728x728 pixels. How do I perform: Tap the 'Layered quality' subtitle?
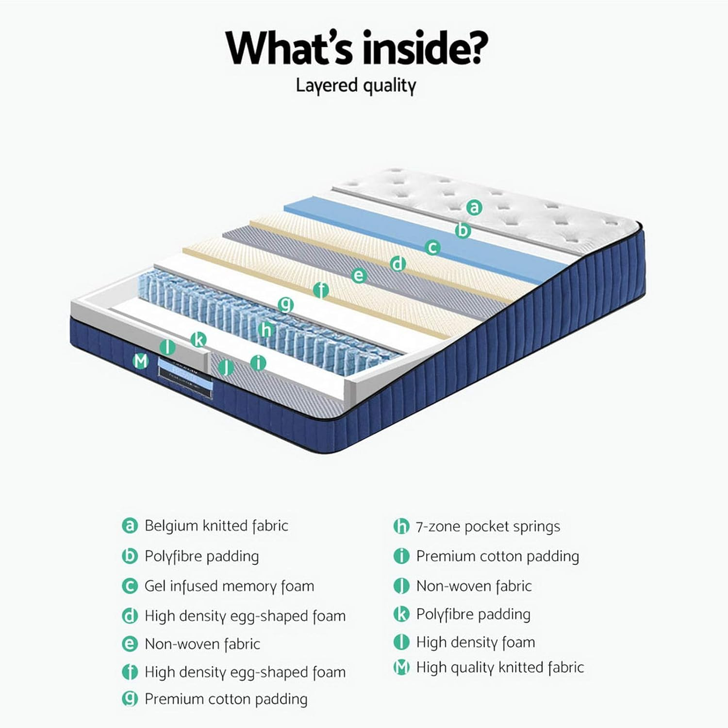356,86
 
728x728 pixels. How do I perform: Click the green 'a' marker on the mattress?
474,207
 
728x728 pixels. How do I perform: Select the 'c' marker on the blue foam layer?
432,247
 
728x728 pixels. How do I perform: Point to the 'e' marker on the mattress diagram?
359,276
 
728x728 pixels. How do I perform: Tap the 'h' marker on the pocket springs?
266,330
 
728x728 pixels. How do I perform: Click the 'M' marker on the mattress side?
141,361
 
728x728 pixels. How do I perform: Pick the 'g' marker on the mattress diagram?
286,305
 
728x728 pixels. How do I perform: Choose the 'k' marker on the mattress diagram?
198,339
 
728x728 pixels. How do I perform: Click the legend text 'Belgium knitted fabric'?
216,526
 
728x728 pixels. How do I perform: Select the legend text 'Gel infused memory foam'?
229,586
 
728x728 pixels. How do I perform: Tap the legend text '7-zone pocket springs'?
488,526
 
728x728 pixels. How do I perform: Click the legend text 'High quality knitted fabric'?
500,667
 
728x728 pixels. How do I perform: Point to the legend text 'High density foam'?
476,642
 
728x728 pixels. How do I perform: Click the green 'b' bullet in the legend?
130,556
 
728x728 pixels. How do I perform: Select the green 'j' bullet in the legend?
401,586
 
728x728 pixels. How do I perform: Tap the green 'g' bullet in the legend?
130,699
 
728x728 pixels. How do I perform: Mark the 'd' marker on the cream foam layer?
397,264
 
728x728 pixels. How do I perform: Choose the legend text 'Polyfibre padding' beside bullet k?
473,614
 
